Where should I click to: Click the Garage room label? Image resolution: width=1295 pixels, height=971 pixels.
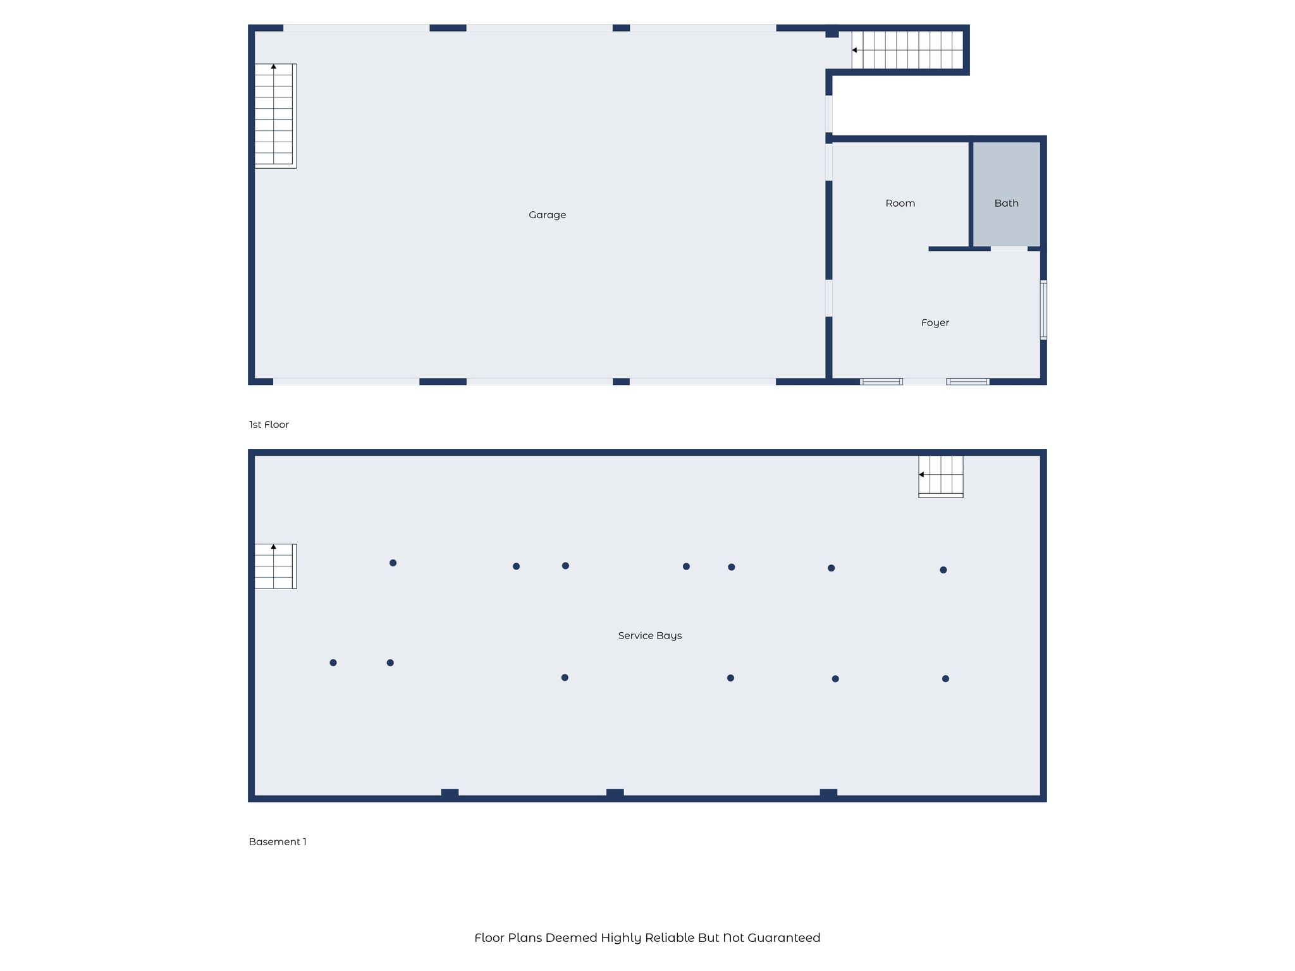pos(547,215)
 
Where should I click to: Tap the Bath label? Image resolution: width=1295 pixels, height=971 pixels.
pos(1006,203)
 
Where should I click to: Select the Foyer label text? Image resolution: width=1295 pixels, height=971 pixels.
pos(935,323)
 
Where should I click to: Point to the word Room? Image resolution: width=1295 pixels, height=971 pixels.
pos(900,203)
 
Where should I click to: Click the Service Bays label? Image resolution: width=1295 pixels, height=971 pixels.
pos(649,636)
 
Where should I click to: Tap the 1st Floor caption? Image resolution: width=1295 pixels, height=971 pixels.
pos(269,424)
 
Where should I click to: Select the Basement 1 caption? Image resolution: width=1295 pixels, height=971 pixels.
pos(278,841)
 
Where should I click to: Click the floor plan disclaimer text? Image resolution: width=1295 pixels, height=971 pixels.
pos(647,937)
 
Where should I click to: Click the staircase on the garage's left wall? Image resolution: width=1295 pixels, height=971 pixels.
pos(275,116)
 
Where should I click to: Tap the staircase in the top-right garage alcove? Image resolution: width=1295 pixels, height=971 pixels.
pos(907,50)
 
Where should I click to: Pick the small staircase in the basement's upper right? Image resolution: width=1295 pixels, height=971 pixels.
pos(941,477)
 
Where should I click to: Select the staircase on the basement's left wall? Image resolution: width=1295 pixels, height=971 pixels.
pos(275,566)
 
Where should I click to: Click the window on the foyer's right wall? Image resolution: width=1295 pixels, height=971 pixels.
pos(1043,310)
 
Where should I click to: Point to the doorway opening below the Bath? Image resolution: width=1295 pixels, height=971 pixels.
pos(1009,249)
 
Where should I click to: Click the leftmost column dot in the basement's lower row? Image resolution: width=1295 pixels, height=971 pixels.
pos(333,663)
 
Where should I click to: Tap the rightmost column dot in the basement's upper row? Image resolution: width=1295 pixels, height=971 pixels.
pos(943,570)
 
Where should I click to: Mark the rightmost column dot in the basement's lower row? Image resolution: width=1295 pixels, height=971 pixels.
pos(945,678)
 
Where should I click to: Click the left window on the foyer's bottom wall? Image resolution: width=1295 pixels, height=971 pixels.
pos(881,381)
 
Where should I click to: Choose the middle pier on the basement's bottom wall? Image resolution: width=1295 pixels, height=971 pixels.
pos(615,793)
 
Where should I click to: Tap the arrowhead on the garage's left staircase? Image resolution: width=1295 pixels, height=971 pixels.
pos(274,66)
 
